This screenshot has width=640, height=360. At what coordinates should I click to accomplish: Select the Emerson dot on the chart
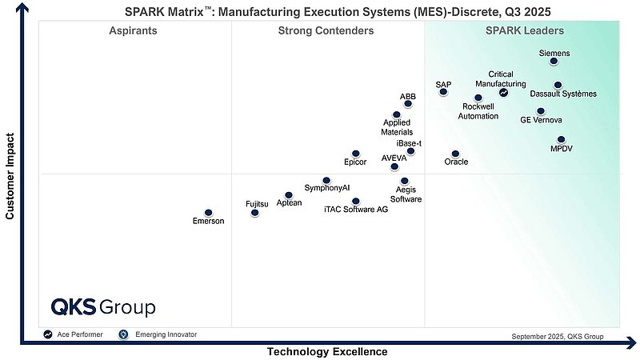pyautogui.click(x=209, y=213)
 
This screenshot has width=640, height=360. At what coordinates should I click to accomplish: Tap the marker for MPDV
pyautogui.click(x=561, y=140)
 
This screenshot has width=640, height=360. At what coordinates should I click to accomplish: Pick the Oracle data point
pyautogui.click(x=455, y=154)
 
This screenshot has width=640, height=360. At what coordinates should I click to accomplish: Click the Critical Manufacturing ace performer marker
pyautogui.click(x=503, y=92)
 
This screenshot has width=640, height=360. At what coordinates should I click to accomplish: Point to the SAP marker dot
pyautogui.click(x=443, y=92)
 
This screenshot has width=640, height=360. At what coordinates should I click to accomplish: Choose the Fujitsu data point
pyautogui.click(x=255, y=213)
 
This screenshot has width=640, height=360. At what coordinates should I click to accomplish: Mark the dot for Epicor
pyautogui.click(x=356, y=154)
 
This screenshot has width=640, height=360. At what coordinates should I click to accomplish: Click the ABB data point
pyautogui.click(x=408, y=103)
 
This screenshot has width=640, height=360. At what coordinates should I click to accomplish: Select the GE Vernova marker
pyautogui.click(x=541, y=111)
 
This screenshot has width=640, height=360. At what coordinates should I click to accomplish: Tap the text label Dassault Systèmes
pyautogui.click(x=563, y=94)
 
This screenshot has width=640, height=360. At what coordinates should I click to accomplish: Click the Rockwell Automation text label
pyautogui.click(x=478, y=111)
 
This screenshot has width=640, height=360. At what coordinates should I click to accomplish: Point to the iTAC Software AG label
pyautogui.click(x=356, y=210)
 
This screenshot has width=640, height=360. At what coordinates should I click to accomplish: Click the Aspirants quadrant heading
pyautogui.click(x=133, y=31)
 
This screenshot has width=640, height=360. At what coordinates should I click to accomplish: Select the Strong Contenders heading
pyautogui.click(x=326, y=31)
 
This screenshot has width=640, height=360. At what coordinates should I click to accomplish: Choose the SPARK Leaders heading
pyautogui.click(x=525, y=31)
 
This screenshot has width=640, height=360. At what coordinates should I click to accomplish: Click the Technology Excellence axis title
pyautogui.click(x=326, y=352)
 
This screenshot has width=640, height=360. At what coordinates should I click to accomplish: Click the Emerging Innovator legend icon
pyautogui.click(x=123, y=334)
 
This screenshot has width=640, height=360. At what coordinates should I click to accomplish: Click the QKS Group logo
pyautogui.click(x=103, y=307)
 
